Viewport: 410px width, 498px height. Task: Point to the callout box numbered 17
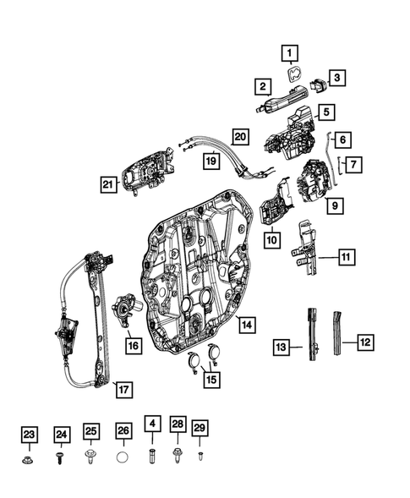123,390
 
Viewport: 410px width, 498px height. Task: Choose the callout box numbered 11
347,255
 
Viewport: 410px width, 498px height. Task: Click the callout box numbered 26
123,432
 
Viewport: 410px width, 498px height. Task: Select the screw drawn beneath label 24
61,457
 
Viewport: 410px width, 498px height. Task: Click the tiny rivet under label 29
200,456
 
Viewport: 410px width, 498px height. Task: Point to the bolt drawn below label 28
177,457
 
